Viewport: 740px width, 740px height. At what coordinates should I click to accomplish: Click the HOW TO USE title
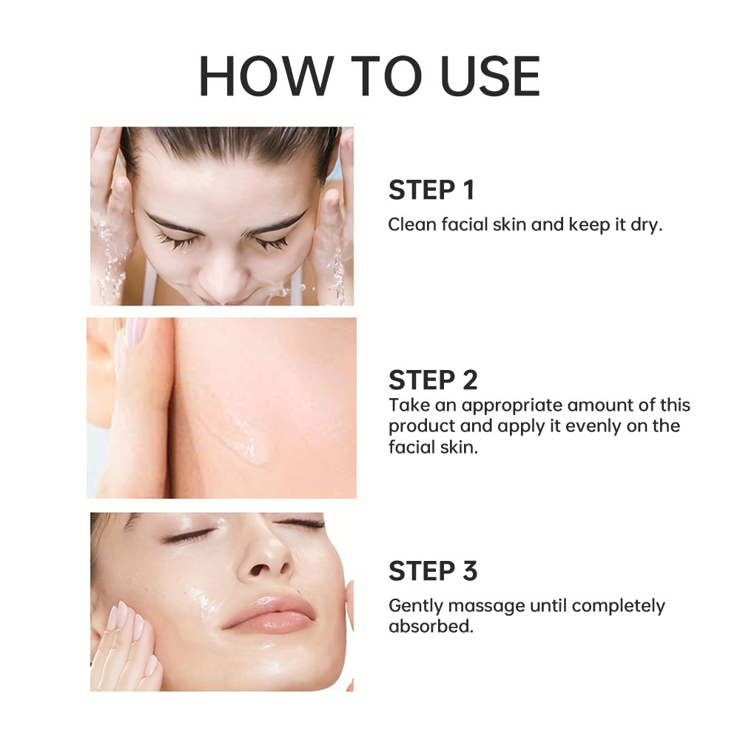[x=369, y=76]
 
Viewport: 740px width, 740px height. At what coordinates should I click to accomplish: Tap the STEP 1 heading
[x=431, y=190]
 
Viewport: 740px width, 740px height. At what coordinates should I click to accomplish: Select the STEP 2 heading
[x=433, y=380]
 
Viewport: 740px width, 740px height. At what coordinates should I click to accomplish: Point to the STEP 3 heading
[x=433, y=571]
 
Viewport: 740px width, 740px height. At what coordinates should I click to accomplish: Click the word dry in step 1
[x=647, y=224]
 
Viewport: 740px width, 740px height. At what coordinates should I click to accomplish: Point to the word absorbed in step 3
[x=429, y=626]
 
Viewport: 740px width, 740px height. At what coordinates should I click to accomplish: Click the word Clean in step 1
[x=410, y=224]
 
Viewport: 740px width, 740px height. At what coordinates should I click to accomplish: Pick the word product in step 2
[x=418, y=427]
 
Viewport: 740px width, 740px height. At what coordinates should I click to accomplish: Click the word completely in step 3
[x=618, y=606]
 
